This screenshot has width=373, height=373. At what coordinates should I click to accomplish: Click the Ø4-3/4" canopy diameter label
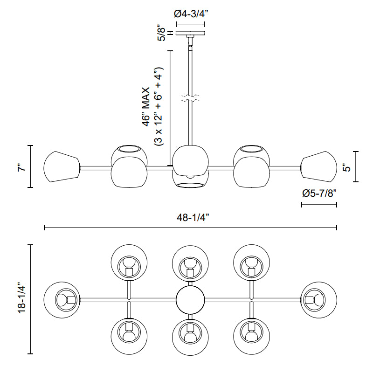(190, 14)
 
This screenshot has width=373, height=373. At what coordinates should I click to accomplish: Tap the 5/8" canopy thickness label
(162, 33)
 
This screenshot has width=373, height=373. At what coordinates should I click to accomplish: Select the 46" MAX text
(147, 106)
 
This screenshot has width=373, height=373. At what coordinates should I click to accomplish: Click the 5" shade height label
(345, 166)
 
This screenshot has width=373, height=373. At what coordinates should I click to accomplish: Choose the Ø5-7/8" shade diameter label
(319, 193)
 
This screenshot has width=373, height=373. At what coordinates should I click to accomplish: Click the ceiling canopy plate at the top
(190, 34)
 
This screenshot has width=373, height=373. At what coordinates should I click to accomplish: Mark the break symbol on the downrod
(190, 98)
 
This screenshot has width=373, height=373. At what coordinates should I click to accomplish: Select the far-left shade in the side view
(61, 166)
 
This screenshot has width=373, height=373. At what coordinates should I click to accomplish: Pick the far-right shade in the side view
(319, 166)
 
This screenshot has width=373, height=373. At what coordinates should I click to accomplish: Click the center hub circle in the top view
(190, 300)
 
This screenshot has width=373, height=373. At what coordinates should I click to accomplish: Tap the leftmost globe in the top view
(62, 299)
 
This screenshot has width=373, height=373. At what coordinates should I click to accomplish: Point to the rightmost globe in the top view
(319, 299)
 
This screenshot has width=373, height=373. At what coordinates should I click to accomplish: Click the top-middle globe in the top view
(190, 264)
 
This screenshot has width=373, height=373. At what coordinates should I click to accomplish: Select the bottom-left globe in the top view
(130, 335)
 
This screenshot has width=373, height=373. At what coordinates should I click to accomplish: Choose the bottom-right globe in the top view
(252, 335)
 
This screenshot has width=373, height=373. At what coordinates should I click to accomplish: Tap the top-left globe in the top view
(130, 264)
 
